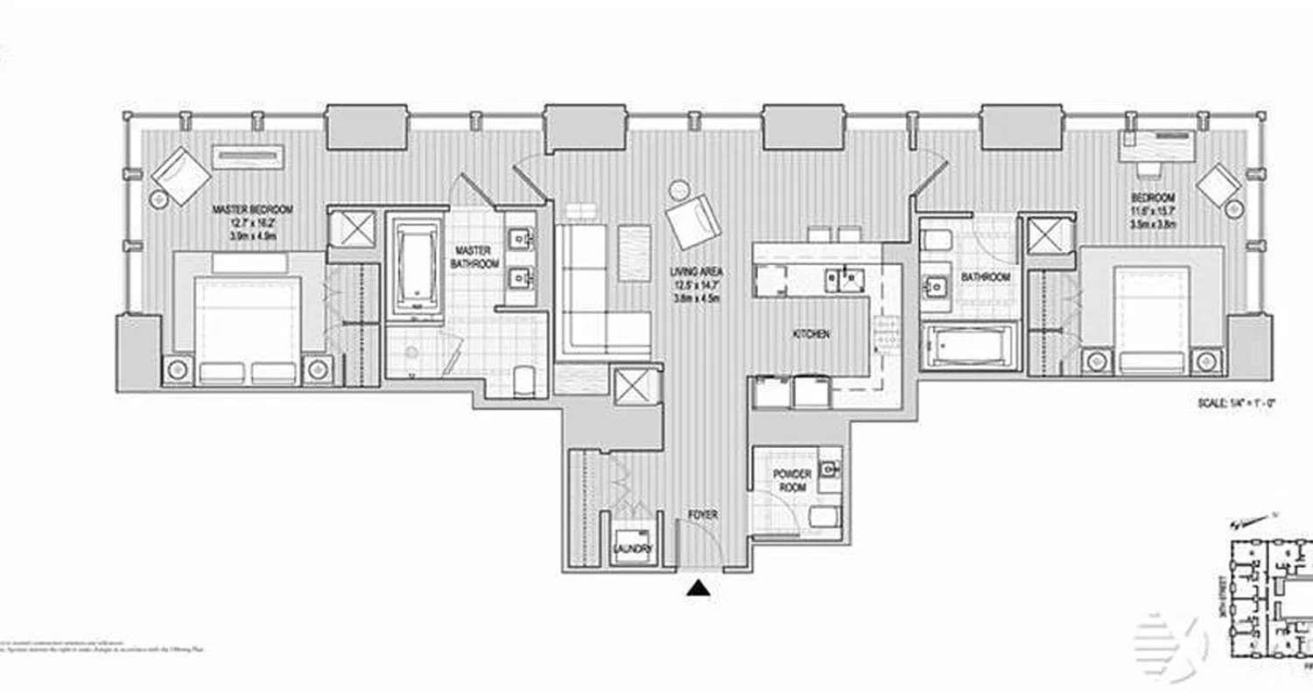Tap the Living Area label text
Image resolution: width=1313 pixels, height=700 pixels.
pos(698,272)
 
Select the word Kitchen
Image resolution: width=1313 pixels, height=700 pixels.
pos(811,334)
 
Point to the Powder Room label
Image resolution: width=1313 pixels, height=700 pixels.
pos(792,480)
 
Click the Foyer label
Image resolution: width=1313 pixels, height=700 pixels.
pos(702,515)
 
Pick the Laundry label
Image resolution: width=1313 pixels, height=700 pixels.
pos(633,549)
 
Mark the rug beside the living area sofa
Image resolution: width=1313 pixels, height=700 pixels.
pos(635,253)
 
